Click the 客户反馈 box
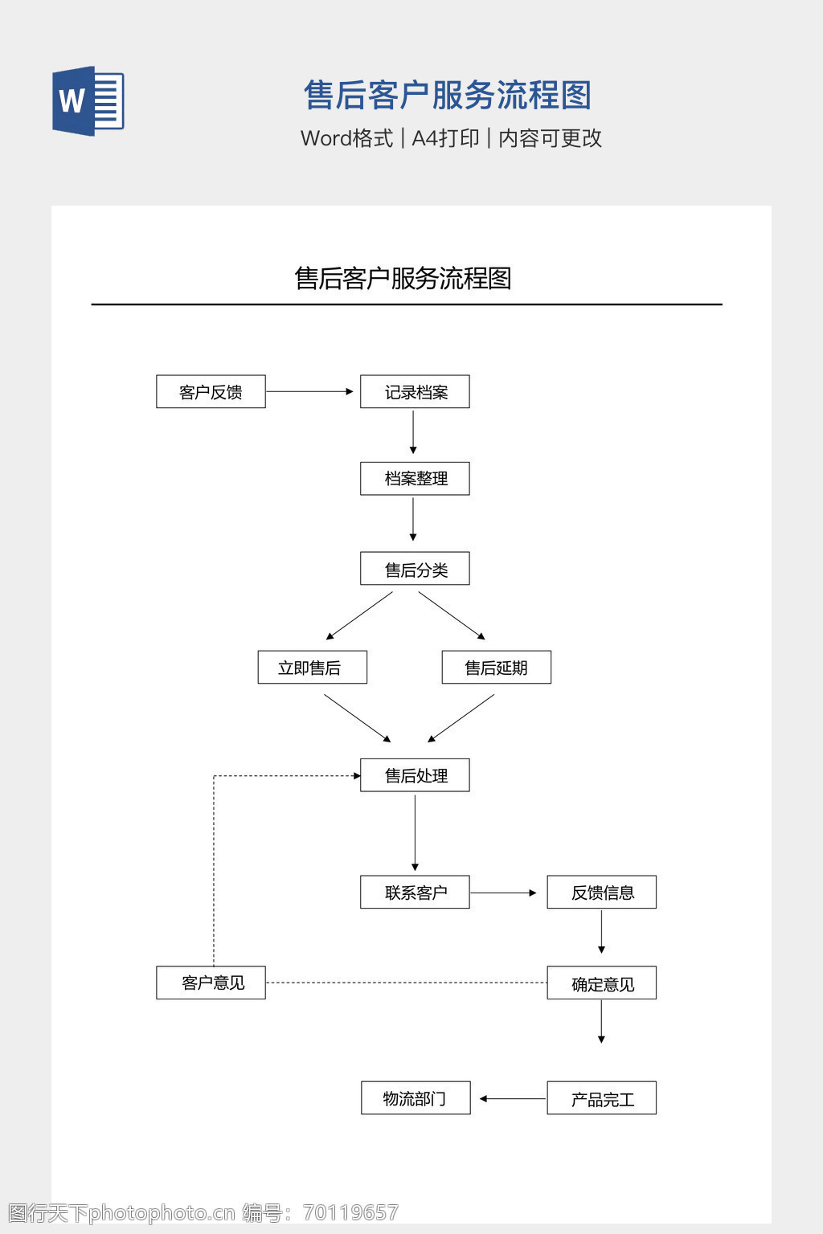[211, 391]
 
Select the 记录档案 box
[415, 391]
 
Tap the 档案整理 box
[415, 478]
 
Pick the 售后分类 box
[415, 569]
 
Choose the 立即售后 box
[312, 667]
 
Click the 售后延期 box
[496, 667]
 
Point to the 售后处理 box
[415, 775]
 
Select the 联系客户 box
[415, 892]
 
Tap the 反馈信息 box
[601, 892]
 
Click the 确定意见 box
[601, 983]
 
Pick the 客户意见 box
[211, 983]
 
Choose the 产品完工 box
[601, 1098]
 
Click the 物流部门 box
[416, 1098]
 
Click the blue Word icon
[88, 101]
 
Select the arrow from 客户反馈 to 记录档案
[309, 391]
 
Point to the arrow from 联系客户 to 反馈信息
[503, 893]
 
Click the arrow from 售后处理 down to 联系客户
[415, 832]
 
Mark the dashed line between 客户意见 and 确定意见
[406, 983]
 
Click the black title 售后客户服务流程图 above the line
[403, 278]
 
